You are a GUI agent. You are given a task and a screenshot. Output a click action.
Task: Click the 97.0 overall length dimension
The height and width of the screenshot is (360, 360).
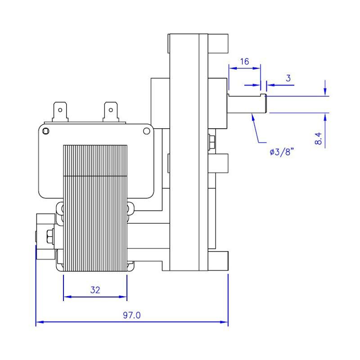click(x=132, y=315)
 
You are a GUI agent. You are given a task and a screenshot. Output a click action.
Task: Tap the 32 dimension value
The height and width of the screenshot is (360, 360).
click(x=95, y=290)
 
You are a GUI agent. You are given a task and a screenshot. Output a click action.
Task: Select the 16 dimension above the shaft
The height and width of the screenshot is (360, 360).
click(x=244, y=61)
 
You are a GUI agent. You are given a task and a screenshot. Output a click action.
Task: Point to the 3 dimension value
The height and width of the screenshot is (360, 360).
click(x=288, y=78)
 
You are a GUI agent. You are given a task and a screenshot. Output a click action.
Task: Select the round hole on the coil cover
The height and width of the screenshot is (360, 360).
click(x=146, y=131)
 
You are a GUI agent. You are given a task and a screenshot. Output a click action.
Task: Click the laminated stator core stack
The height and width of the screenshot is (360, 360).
click(x=95, y=207)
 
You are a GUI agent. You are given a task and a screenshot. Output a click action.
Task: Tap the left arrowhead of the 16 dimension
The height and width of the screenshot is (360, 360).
click(x=232, y=68)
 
